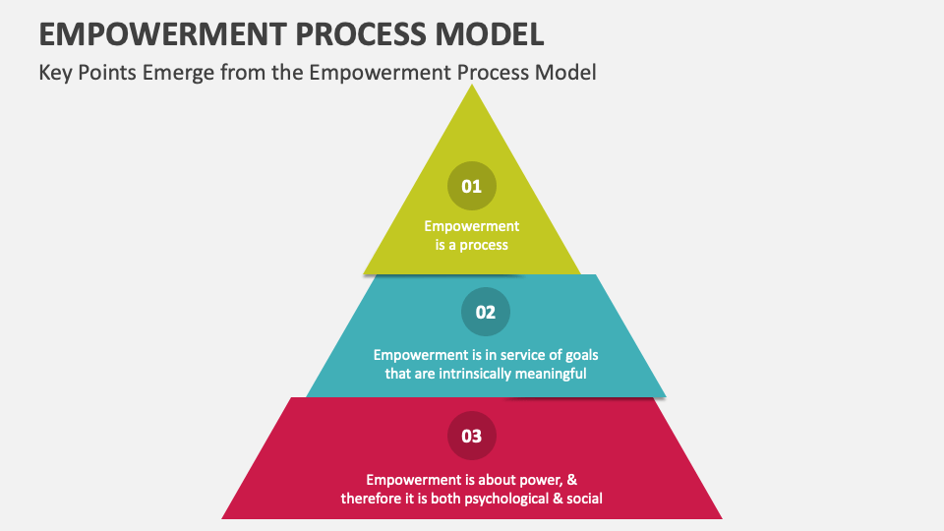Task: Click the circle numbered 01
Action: point(472,186)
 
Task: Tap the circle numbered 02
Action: point(486,313)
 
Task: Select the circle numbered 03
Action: point(472,436)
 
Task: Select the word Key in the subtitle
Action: point(55,73)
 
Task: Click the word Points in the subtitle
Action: point(110,73)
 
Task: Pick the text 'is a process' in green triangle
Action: point(472,244)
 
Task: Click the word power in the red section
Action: point(539,480)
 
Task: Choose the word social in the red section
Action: point(583,499)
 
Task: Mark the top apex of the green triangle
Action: point(473,87)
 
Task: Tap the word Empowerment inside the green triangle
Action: point(472,226)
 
